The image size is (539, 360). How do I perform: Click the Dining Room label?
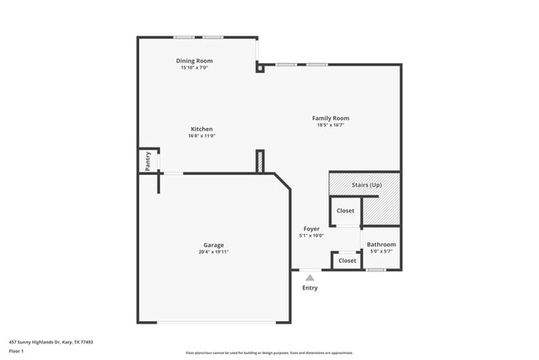click(194, 61)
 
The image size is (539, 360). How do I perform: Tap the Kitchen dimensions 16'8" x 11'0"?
click(202, 136)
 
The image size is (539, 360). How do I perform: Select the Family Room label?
click(330, 118)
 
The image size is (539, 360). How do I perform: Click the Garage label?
click(213, 245)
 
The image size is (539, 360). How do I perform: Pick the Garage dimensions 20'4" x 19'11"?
click(213, 252)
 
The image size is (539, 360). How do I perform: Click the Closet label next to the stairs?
click(345, 211)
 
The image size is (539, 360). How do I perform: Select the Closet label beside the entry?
click(347, 260)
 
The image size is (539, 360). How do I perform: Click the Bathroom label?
click(381, 245)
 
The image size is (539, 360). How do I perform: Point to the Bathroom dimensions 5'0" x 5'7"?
click(381, 252)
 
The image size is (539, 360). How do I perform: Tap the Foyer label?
click(311, 228)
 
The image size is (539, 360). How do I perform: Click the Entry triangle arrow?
click(309, 278)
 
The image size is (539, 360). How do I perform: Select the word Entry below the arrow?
click(309, 288)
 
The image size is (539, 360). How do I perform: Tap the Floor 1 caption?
click(17, 351)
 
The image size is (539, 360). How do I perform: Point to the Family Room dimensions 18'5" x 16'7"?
click(330, 125)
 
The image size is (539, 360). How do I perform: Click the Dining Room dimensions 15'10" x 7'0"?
click(194, 68)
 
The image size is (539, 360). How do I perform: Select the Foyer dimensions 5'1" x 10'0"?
click(311, 236)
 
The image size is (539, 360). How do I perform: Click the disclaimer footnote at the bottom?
click(269, 353)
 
